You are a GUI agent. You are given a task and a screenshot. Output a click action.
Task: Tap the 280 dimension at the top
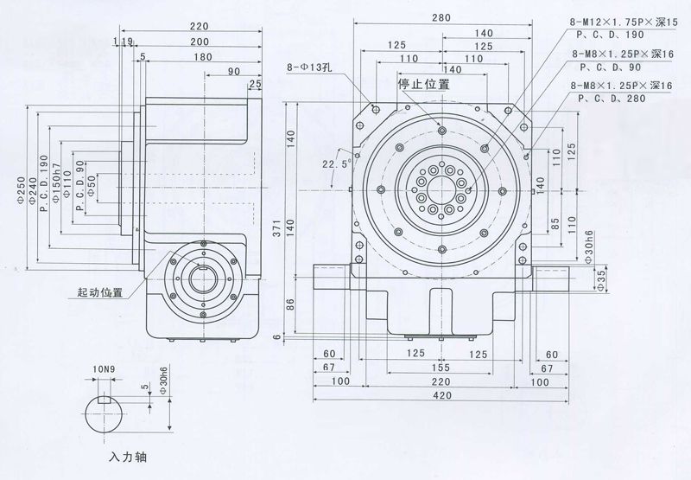(x=443, y=16)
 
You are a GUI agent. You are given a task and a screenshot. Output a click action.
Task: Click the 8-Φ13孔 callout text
(x=310, y=67)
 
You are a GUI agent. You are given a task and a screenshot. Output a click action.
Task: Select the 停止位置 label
(x=423, y=84)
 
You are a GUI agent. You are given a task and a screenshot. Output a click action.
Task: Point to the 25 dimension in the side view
(x=255, y=84)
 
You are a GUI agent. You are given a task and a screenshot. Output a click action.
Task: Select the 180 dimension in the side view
(x=204, y=56)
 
